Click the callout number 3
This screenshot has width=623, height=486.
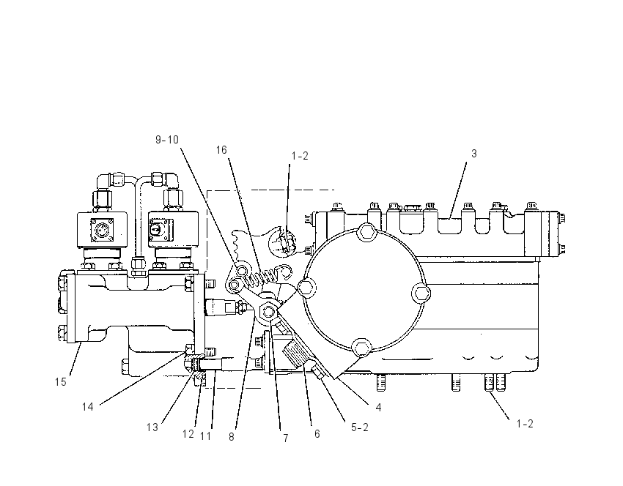click(473, 154)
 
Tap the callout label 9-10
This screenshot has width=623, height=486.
click(167, 140)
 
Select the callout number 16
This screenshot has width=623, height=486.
click(221, 150)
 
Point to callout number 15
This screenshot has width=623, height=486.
click(60, 381)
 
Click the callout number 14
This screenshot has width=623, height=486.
click(87, 407)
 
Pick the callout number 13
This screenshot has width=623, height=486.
click(152, 427)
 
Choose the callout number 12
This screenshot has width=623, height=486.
click(188, 434)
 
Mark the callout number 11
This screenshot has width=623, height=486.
click(205, 436)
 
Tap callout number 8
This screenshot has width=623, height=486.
click(232, 437)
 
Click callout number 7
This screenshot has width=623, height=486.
click(285, 438)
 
